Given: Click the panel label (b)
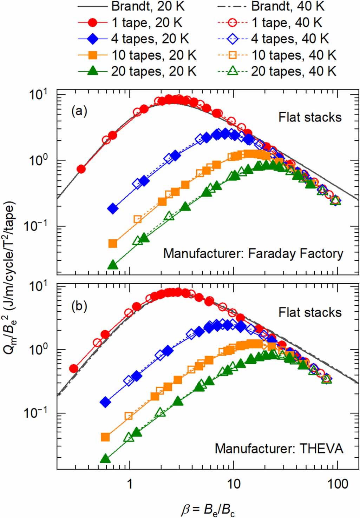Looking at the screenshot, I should [79, 306].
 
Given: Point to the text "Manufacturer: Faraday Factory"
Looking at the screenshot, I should [253, 253].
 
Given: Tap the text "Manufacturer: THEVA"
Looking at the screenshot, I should [279, 449].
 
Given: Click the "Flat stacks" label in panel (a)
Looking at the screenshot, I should [310, 117].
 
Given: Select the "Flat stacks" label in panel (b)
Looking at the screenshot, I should [310, 312].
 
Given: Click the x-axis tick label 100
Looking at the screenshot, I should [338, 484].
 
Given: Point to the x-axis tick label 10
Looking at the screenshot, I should [234, 484].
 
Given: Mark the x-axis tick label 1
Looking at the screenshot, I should [130, 484].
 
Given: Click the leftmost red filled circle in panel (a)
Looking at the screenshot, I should [81, 169].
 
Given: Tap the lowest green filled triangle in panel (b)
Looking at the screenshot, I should [105, 459].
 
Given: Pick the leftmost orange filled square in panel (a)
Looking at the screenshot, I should [113, 244].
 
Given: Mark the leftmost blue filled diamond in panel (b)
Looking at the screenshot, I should [105, 402].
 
